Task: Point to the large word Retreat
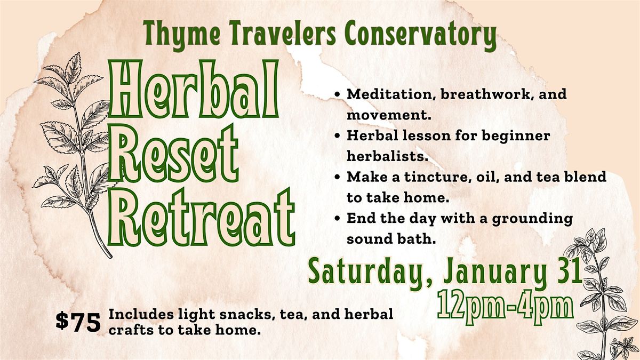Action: pos(201,218)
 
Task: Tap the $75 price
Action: pos(78,322)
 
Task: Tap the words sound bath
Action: pos(391,239)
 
